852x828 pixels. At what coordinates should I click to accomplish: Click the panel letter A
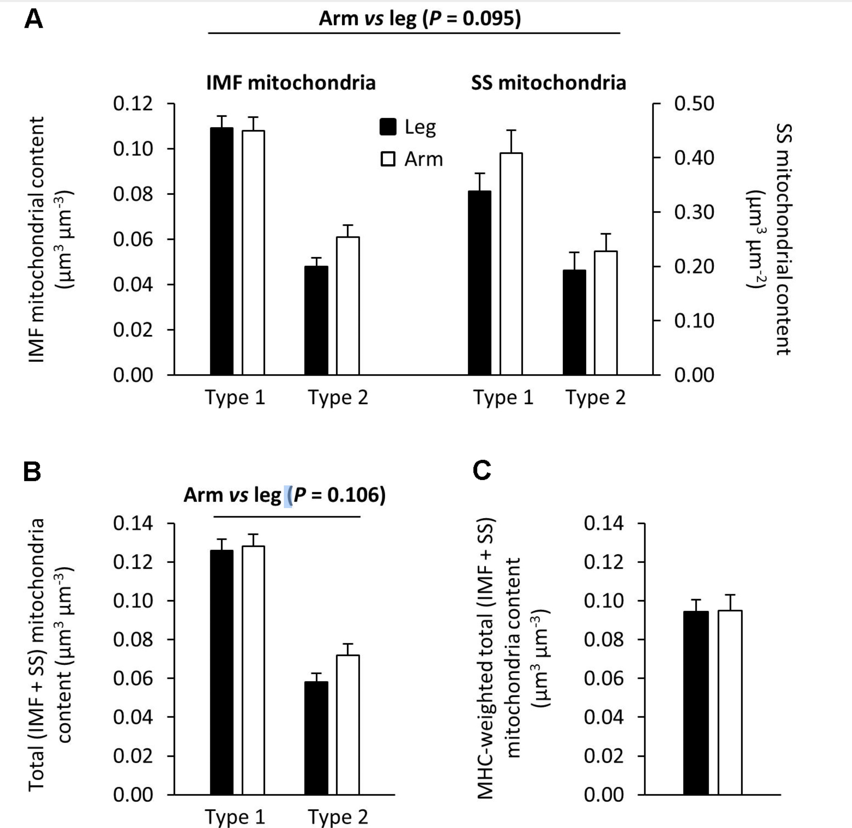[34, 19]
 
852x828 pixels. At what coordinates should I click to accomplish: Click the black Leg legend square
[388, 127]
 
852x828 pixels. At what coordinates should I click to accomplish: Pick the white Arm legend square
[388, 159]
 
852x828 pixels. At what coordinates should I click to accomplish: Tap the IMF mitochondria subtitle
[290, 83]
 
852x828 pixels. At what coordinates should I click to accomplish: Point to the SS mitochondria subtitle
[549, 83]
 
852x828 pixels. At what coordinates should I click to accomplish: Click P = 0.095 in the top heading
[474, 18]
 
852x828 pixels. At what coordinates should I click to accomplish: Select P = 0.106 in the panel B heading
[339, 495]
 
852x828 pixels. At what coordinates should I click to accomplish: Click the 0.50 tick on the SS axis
[694, 104]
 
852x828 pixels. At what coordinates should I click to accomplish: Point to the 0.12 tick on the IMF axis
[133, 104]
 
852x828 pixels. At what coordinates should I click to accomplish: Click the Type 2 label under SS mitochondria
[595, 398]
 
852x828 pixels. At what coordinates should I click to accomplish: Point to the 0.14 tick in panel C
[604, 523]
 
